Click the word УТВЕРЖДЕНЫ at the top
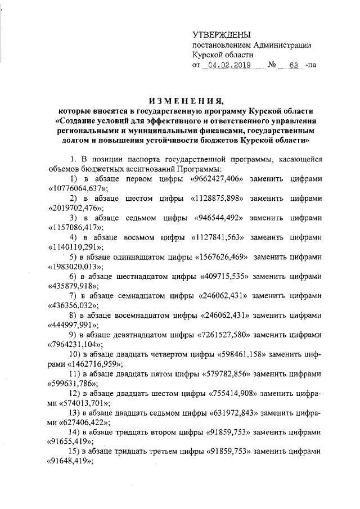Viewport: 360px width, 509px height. [x=221, y=35]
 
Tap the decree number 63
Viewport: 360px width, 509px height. [x=292, y=65]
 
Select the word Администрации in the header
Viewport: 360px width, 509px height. [x=281, y=45]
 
